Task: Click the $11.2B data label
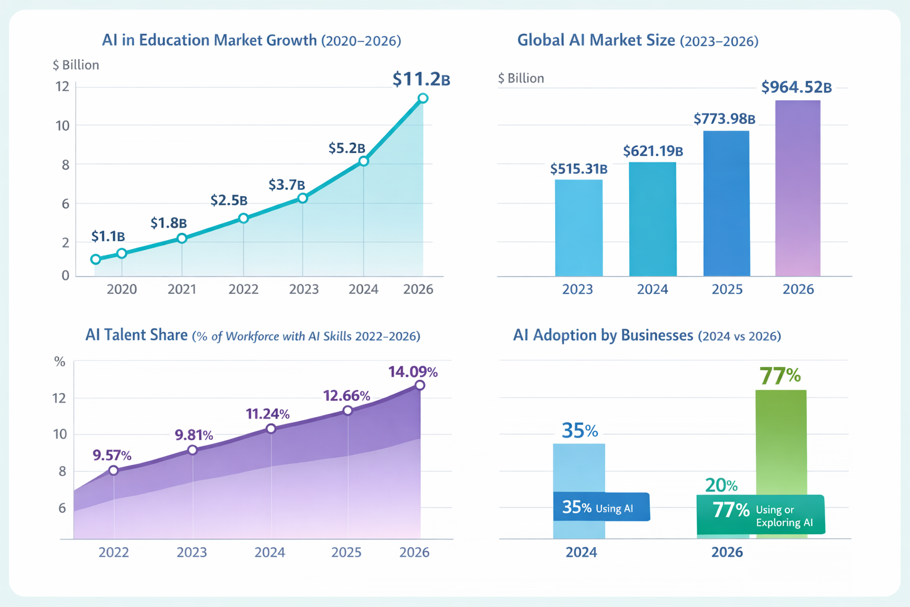pyautogui.click(x=421, y=79)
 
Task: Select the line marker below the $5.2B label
pyautogui.click(x=364, y=161)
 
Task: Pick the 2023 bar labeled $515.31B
pyautogui.click(x=578, y=228)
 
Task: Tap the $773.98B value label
pyautogui.click(x=724, y=119)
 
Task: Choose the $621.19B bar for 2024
pyautogui.click(x=652, y=219)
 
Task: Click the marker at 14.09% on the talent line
pyautogui.click(x=420, y=385)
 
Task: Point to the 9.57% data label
pyautogui.click(x=112, y=455)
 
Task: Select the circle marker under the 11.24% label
pyautogui.click(x=271, y=429)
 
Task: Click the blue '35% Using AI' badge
pyautogui.click(x=601, y=507)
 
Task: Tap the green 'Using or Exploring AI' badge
pyautogui.click(x=761, y=515)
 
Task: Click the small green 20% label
pyautogui.click(x=721, y=485)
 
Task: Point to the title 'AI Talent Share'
pyautogui.click(x=136, y=336)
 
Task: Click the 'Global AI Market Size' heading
pyautogui.click(x=595, y=40)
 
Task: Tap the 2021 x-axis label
pyautogui.click(x=182, y=289)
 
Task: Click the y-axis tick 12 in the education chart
pyautogui.click(x=62, y=87)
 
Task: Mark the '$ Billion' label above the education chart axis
pyautogui.click(x=76, y=65)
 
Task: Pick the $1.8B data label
pyautogui.click(x=168, y=223)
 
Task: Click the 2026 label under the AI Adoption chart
pyautogui.click(x=726, y=552)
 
